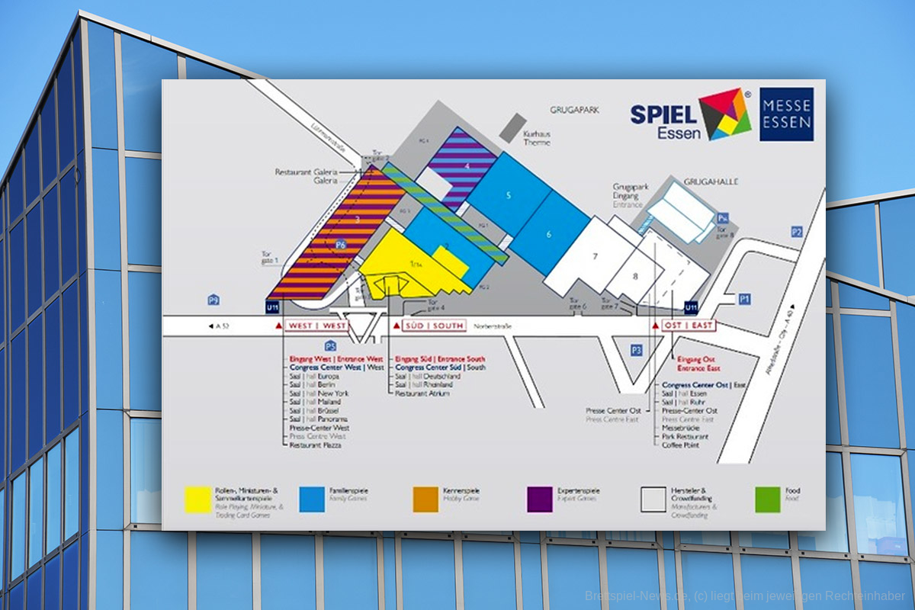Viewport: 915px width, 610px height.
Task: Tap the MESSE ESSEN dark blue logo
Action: [x=786, y=114]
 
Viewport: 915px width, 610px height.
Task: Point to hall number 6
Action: [x=548, y=235]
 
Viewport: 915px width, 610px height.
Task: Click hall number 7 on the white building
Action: [x=595, y=256]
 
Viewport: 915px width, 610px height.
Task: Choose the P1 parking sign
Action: [x=745, y=300]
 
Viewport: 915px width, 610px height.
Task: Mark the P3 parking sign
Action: [x=637, y=349]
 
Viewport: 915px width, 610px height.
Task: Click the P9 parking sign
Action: [x=214, y=300]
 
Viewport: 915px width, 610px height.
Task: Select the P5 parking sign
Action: [x=330, y=345]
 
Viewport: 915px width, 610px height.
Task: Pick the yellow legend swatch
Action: [x=199, y=499]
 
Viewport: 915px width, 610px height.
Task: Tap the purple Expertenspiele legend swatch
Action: [x=540, y=499]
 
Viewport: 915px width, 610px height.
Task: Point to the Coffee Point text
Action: [x=679, y=445]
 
